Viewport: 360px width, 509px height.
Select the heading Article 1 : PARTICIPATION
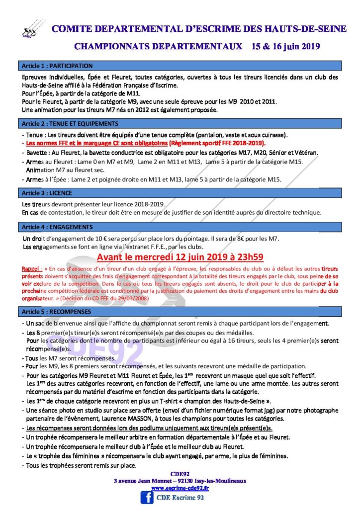click(x=57, y=66)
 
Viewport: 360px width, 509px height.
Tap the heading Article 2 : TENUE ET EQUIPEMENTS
click(x=70, y=124)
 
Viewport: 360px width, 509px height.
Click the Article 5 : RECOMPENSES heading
click(x=56, y=312)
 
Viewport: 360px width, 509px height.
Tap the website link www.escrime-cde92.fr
click(x=180, y=488)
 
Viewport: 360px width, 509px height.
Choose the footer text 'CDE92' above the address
click(x=180, y=474)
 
